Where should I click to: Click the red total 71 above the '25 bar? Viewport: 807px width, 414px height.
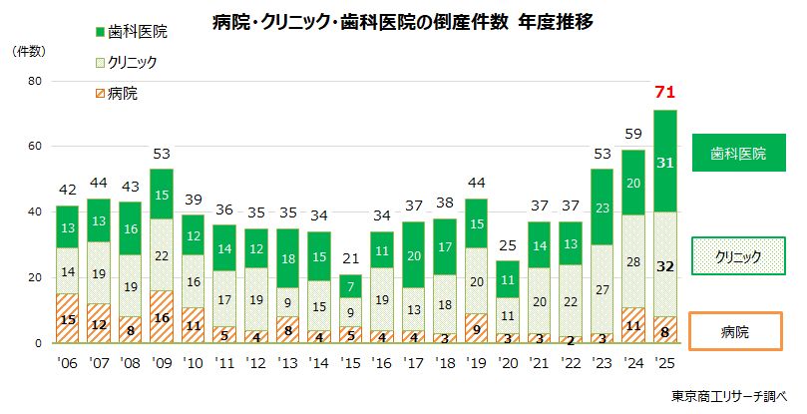(665, 93)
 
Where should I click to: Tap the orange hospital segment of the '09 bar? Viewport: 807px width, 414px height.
(162, 317)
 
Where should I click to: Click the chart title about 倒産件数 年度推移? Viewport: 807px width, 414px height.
(403, 22)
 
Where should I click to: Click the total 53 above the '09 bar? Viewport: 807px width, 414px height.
(162, 154)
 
